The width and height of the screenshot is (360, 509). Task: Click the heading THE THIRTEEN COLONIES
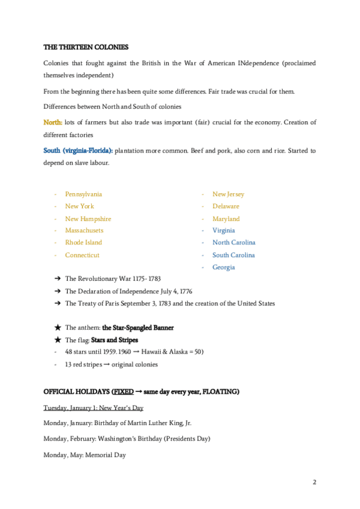click(86, 47)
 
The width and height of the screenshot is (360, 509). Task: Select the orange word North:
click(53, 122)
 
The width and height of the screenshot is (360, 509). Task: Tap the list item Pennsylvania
click(83, 194)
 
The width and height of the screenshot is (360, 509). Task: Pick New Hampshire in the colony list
click(88, 218)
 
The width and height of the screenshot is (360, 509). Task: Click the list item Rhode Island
click(83, 242)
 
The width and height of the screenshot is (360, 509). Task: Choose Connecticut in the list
click(82, 255)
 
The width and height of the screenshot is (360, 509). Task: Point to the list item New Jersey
click(228, 194)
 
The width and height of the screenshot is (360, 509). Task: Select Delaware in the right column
click(226, 206)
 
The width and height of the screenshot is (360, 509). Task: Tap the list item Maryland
click(226, 218)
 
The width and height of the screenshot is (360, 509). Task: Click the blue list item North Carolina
click(233, 242)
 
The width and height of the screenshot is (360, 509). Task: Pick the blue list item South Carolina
click(233, 255)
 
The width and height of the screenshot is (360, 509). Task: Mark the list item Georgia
click(223, 267)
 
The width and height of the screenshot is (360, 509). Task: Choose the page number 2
click(314, 482)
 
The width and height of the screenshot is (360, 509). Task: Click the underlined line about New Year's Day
click(93, 408)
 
